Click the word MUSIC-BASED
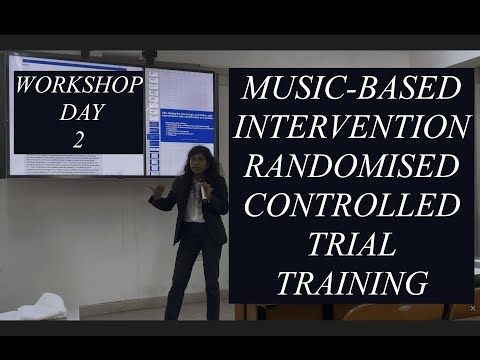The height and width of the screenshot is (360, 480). click(353, 89)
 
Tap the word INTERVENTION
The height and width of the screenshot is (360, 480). click(353, 129)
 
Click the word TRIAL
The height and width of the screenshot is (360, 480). click(353, 245)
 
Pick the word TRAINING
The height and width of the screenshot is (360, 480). click(353, 283)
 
